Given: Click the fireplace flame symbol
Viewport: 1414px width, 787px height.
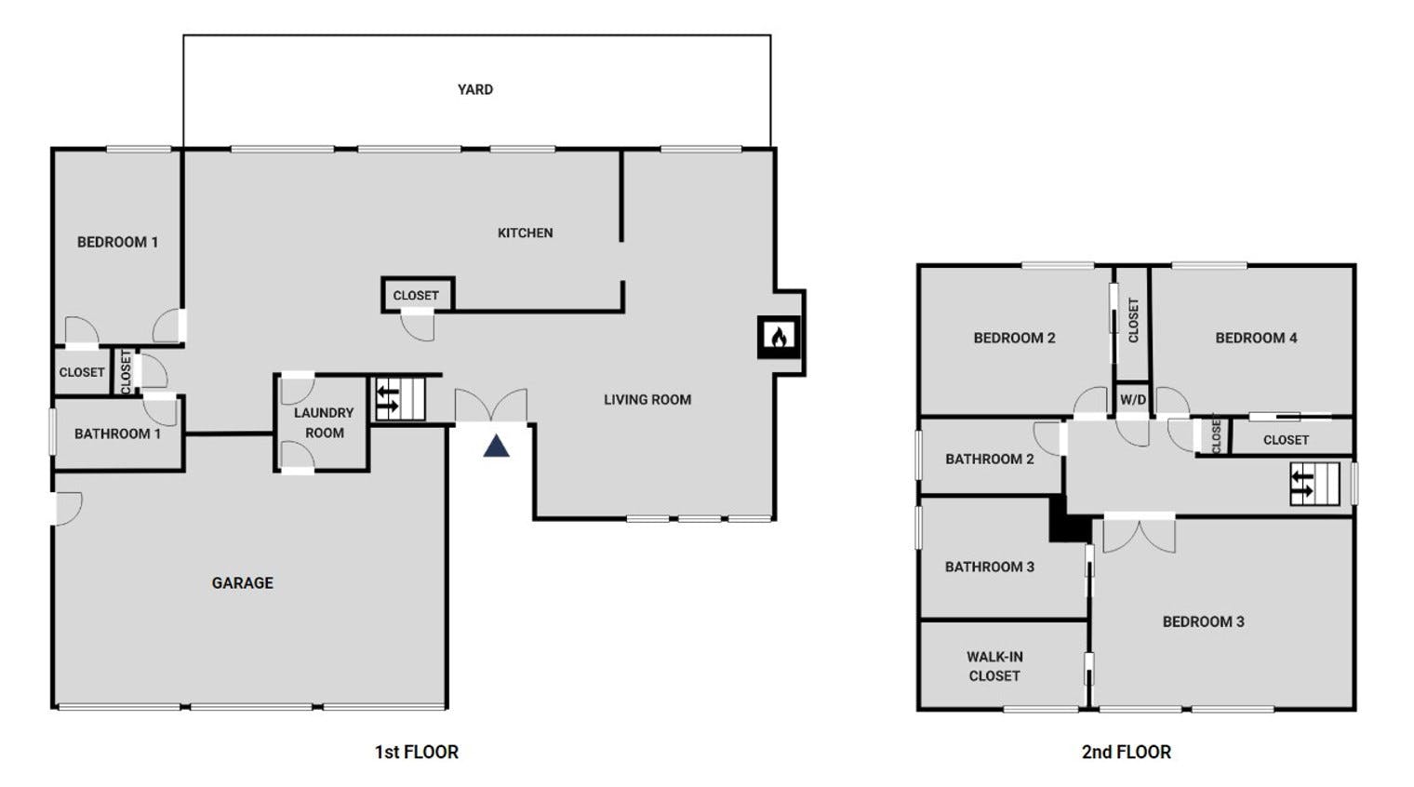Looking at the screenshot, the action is [x=779, y=337].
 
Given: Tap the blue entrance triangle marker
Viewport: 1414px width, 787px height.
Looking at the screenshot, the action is [x=496, y=446].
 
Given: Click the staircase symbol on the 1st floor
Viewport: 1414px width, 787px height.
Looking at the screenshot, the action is [x=400, y=399].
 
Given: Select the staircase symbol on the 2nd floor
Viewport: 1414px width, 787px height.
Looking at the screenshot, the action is [x=1314, y=484].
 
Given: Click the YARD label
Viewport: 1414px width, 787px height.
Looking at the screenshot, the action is [x=475, y=89].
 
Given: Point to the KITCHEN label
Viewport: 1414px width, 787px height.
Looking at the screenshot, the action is [x=526, y=233].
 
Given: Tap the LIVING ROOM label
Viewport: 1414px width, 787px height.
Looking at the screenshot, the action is [x=647, y=399].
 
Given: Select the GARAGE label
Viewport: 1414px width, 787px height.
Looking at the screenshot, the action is [x=243, y=583].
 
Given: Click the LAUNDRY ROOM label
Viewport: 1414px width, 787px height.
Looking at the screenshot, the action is [x=324, y=423].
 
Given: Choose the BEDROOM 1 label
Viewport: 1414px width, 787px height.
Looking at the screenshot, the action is [x=117, y=243].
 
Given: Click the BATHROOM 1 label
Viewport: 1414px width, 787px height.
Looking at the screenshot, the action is [x=117, y=434].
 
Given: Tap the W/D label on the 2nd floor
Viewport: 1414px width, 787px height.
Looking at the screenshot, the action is [x=1133, y=399].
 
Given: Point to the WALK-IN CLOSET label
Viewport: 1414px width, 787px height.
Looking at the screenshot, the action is [x=994, y=666].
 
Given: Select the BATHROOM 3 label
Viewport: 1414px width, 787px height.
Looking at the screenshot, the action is [x=990, y=567].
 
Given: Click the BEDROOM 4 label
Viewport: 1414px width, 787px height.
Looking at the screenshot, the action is [x=1256, y=339].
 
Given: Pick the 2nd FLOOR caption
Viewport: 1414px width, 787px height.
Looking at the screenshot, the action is [x=1127, y=753].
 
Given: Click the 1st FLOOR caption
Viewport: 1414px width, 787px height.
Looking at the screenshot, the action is [x=417, y=753].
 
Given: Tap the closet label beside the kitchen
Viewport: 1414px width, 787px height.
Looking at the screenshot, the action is [x=416, y=296].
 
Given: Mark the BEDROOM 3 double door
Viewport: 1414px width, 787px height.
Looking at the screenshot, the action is [x=1140, y=535].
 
